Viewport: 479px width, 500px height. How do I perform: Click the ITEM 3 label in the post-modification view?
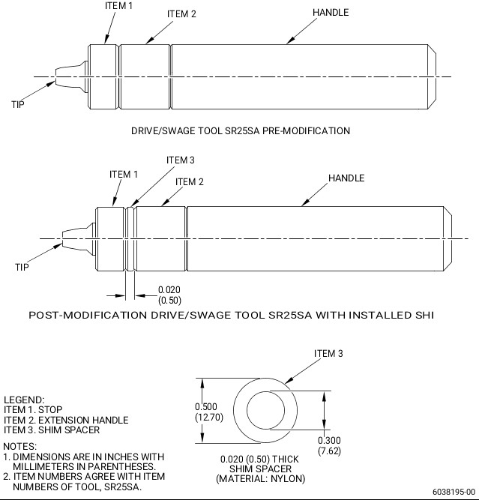(x=180, y=160)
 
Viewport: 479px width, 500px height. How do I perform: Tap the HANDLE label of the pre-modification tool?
(x=331, y=13)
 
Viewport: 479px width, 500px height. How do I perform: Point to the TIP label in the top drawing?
(x=18, y=105)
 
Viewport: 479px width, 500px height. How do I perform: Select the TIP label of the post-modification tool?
(x=22, y=267)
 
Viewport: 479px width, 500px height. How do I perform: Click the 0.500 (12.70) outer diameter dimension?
(x=209, y=412)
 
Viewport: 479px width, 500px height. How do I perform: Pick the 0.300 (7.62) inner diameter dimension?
(x=329, y=446)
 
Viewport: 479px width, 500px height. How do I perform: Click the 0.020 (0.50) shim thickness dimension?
(x=169, y=295)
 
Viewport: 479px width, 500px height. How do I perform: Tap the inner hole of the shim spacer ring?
(x=265, y=410)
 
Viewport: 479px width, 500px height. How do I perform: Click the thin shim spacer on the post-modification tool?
(x=130, y=239)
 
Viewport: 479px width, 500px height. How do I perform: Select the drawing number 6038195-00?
(x=454, y=492)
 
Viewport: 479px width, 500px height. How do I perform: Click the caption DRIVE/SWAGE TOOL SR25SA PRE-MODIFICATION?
(x=241, y=130)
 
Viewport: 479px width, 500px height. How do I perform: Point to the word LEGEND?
(x=24, y=400)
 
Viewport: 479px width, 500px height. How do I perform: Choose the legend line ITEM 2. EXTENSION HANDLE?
(x=66, y=420)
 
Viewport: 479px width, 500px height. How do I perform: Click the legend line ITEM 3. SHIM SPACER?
(x=52, y=430)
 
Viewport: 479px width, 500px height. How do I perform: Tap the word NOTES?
(x=19, y=447)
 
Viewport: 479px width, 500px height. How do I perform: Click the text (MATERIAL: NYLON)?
(x=260, y=478)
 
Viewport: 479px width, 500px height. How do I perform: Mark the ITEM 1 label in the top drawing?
(x=118, y=6)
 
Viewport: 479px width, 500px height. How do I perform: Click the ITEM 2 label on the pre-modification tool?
(x=181, y=14)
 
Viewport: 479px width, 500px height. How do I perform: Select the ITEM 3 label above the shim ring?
(x=328, y=354)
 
